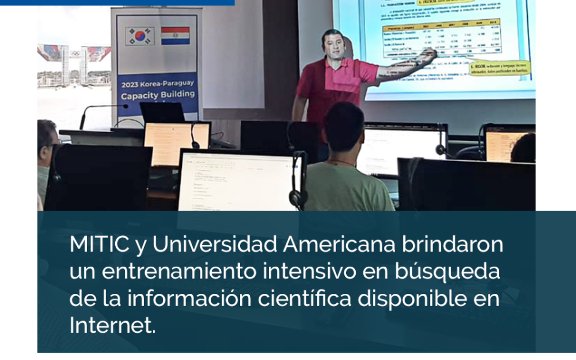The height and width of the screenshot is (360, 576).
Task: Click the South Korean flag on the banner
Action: (x=140, y=36)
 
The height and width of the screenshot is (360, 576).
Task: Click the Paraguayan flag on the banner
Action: (x=175, y=36)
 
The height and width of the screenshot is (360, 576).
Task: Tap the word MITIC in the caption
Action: (x=99, y=245)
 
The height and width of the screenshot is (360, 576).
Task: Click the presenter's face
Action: (x=333, y=46)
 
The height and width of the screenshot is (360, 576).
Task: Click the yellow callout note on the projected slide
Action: (x=499, y=68)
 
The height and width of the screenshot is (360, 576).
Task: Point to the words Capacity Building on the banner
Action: (x=157, y=97)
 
